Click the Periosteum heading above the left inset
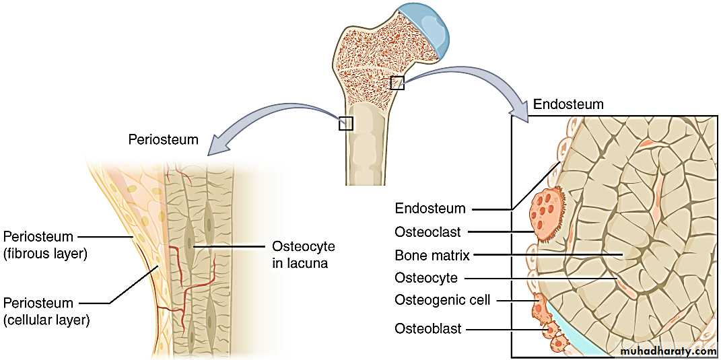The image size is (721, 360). (164, 140)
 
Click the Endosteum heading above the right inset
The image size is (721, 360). (568, 104)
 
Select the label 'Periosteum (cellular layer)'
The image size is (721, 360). (46, 312)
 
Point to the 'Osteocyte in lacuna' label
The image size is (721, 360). (303, 255)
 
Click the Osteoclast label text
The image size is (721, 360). (427, 232)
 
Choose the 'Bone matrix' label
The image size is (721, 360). (432, 255)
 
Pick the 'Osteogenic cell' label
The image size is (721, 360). (443, 300)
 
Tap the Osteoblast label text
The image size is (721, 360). (428, 329)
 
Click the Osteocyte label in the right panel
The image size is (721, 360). (426, 277)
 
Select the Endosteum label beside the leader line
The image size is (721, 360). (430, 209)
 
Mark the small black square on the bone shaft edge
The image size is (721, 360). (346, 123)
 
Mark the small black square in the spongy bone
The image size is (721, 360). (397, 82)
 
